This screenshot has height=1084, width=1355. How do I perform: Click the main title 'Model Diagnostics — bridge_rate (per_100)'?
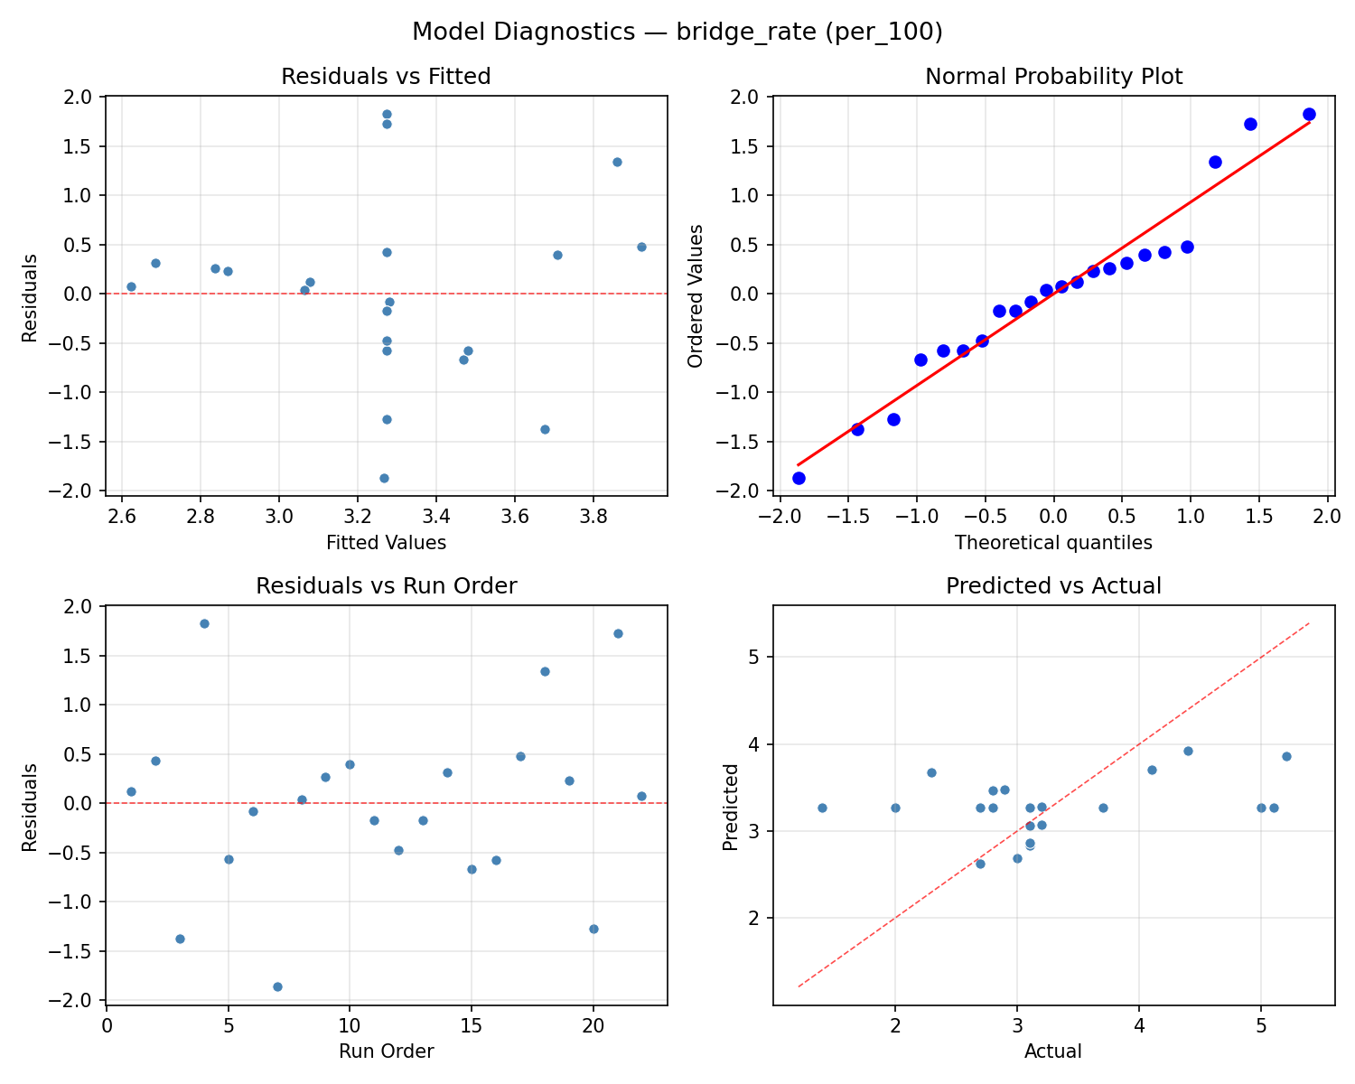point(677,33)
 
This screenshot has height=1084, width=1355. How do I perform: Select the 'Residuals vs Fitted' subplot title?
point(386,77)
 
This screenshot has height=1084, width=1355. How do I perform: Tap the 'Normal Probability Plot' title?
point(1053,77)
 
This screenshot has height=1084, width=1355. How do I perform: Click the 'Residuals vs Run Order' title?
point(386,586)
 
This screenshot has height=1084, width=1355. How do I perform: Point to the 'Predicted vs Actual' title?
point(1053,586)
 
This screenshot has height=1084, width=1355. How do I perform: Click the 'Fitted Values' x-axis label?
point(386,543)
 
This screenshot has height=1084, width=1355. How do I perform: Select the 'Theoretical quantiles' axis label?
point(1053,543)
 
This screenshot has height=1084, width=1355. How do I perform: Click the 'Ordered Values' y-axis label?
point(695,295)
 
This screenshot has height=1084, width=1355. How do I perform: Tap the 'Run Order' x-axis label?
point(386,1051)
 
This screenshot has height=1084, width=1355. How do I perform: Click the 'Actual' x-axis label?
point(1053,1051)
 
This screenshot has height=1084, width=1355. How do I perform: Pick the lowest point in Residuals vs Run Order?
point(277,986)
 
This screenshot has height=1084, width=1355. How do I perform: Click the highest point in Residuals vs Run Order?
point(204,623)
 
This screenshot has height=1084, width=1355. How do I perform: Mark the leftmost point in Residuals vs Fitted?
point(131,286)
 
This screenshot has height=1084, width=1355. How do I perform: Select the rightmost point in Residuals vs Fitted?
point(641,247)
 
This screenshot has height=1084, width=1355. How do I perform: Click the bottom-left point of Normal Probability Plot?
point(799,478)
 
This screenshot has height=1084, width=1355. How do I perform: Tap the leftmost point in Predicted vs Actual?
point(822,808)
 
